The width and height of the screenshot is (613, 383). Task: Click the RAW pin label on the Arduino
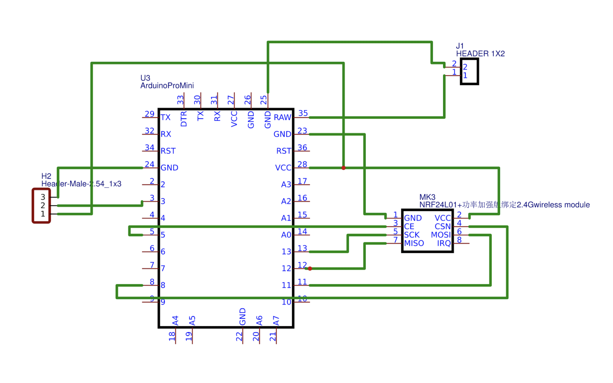point(282,117)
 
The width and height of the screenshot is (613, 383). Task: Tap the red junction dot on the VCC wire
point(343,168)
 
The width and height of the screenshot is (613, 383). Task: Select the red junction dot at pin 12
point(310,268)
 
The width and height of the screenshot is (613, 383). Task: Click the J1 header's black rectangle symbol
point(469,71)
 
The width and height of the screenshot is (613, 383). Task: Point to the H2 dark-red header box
point(41,206)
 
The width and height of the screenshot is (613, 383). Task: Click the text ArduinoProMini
point(167,86)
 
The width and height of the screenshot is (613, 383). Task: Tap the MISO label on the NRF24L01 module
point(414,243)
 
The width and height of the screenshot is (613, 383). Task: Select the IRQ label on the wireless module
point(444,243)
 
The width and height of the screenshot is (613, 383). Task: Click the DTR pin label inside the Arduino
point(184,119)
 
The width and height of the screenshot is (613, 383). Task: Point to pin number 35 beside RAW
point(303,113)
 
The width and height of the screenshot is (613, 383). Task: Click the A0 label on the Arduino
point(286,235)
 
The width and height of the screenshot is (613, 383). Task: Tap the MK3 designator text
point(427,197)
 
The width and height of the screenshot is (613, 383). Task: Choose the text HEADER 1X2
point(480,54)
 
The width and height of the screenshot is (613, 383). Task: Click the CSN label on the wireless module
point(442,227)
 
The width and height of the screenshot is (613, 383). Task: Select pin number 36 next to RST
point(302,147)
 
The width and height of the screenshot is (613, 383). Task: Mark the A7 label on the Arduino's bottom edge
point(276,320)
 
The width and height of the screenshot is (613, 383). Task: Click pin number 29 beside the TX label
point(149,114)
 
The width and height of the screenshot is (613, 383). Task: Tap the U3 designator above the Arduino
point(145,78)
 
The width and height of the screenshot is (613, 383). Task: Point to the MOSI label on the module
point(441,235)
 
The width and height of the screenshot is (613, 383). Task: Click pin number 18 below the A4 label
point(172,336)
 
